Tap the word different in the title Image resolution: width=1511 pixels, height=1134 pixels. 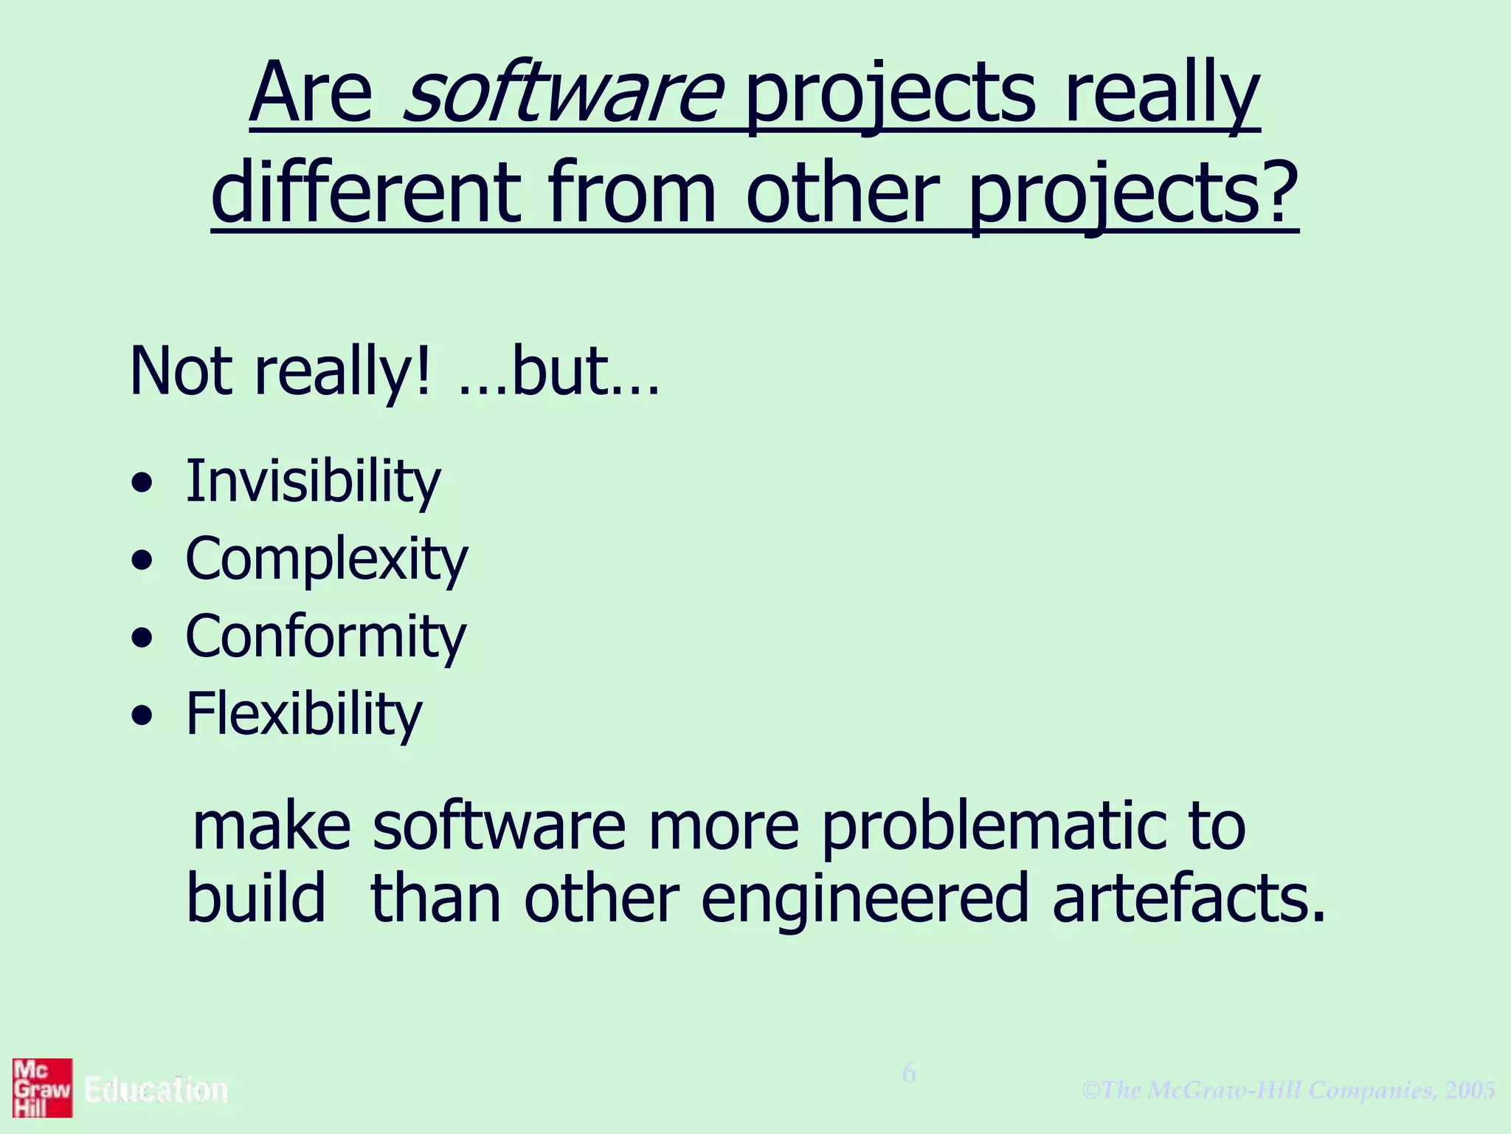click(x=366, y=193)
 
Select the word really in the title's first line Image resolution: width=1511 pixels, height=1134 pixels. click(x=1161, y=96)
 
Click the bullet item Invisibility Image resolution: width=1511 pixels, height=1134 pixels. click(x=313, y=482)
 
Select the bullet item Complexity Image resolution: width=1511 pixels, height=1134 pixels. click(x=326, y=560)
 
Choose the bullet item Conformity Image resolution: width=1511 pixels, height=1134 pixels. click(x=325, y=637)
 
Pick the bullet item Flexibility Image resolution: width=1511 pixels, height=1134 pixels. click(x=303, y=715)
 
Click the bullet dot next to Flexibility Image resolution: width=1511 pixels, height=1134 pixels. click(x=142, y=715)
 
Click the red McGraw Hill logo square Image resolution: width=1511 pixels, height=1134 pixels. click(x=42, y=1087)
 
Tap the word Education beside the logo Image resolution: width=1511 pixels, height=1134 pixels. click(x=156, y=1090)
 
